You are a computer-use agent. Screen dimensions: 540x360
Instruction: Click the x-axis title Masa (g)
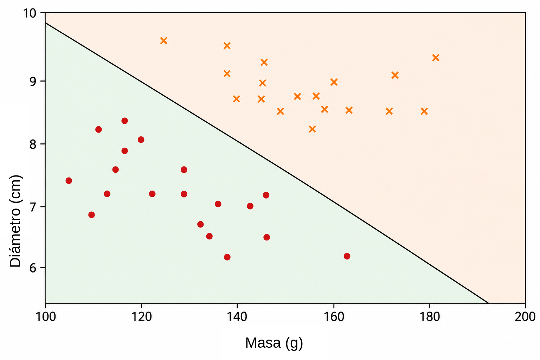274,343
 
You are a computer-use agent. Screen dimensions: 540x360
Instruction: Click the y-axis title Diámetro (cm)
15,221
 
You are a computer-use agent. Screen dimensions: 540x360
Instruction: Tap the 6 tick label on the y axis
33,268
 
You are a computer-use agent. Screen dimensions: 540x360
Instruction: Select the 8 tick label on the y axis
33,144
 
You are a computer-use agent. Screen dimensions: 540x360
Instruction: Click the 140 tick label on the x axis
237,316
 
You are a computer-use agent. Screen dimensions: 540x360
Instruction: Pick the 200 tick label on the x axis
525,316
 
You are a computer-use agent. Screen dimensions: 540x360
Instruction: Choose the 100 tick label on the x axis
46,316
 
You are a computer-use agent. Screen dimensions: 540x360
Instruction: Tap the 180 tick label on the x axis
430,316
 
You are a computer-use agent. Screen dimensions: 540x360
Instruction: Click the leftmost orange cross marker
164,40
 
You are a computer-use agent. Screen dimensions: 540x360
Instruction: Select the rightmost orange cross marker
436,58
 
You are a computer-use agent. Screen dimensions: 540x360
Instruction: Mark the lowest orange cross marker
312,129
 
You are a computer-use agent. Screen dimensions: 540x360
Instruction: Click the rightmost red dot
347,256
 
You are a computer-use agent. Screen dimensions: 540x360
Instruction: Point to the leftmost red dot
69,181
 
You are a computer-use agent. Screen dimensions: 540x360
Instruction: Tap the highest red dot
125,121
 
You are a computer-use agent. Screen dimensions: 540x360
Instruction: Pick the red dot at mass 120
141,140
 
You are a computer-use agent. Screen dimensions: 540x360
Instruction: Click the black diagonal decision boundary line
267,163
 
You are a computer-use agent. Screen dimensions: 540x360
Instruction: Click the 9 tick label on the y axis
33,81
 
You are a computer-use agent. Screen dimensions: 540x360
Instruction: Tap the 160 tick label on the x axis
334,316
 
